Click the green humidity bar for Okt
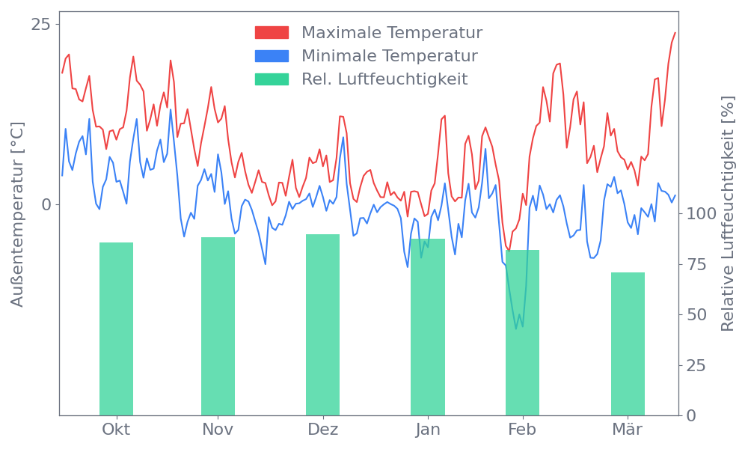click(x=116, y=329)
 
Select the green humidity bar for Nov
click(x=218, y=326)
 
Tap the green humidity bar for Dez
click(x=322, y=325)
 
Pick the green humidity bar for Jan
click(x=428, y=327)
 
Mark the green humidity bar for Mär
click(x=628, y=343)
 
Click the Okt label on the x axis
click(x=116, y=430)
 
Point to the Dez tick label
click(x=322, y=430)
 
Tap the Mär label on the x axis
click(x=628, y=430)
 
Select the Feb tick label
click(x=522, y=430)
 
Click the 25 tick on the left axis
click(x=40, y=25)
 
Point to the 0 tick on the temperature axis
click(x=46, y=204)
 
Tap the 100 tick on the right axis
click(x=702, y=214)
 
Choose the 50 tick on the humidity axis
click(x=697, y=315)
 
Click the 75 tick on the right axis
click(x=697, y=264)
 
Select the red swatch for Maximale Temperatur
click(x=272, y=33)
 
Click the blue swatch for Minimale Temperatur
click(x=272, y=56)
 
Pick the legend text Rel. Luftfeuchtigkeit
click(x=384, y=79)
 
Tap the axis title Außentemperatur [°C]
click(x=18, y=214)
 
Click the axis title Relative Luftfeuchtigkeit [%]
click(x=727, y=214)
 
